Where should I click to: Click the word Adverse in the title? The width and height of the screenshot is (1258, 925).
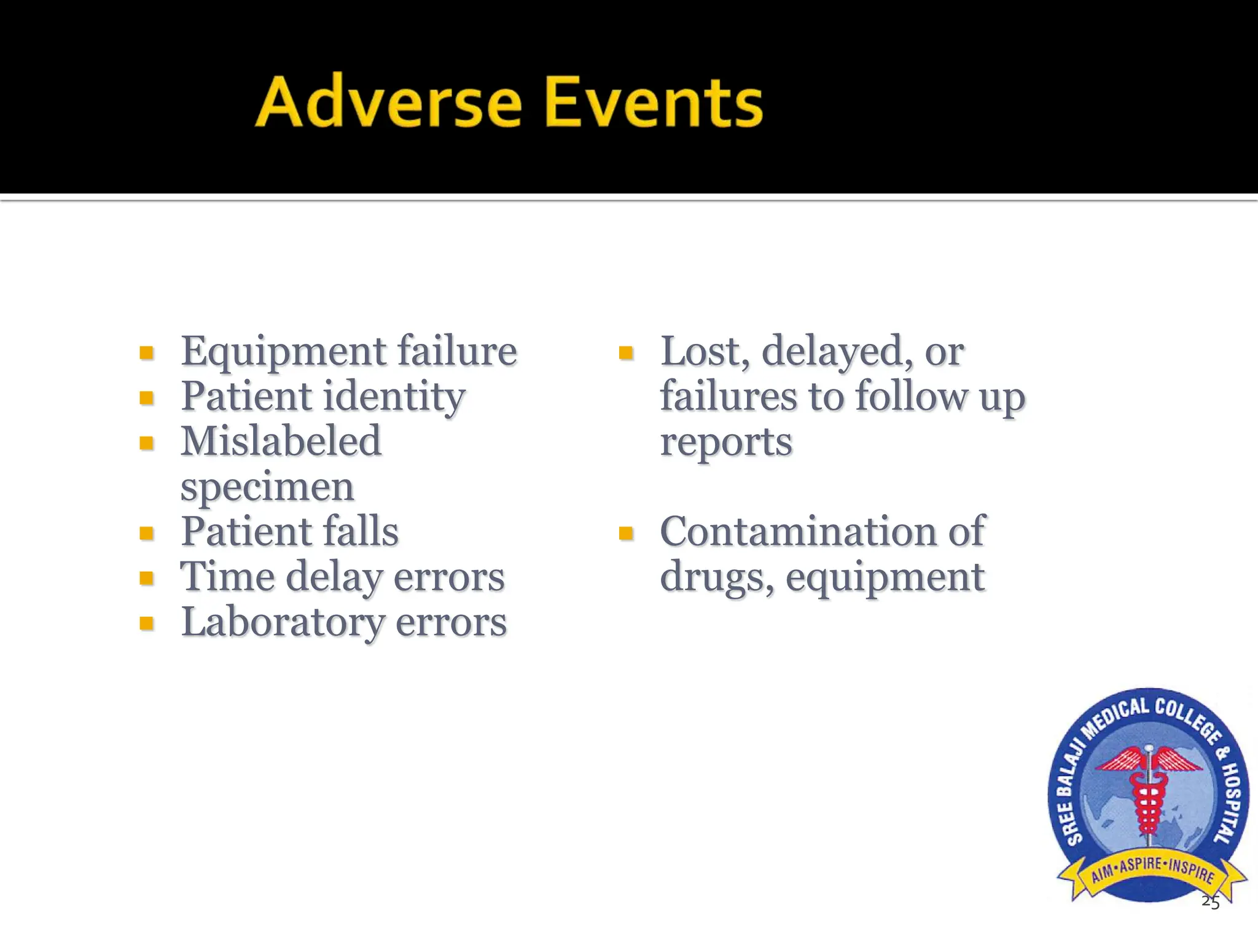388,102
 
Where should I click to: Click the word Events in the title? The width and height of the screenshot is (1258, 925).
654,102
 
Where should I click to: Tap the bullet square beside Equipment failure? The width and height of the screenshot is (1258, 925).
146,353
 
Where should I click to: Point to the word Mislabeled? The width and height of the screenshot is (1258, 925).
281,441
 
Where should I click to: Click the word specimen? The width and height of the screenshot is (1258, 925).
267,486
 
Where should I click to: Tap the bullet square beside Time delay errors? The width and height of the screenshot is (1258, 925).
146,578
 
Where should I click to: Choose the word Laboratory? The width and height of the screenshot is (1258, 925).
283,622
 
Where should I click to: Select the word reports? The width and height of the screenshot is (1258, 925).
726,442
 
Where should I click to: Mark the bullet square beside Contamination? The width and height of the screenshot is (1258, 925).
626,533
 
